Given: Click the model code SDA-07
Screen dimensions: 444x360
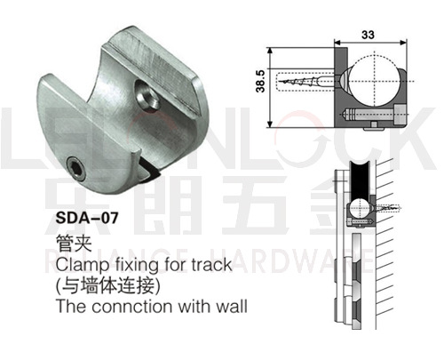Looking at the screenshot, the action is coord(87,218).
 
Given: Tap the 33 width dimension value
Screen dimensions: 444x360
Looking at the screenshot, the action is coord(368,35).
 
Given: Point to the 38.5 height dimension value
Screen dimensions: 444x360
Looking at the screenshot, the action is coord(260,81).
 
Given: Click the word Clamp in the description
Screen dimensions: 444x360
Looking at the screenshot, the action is coord(83,265).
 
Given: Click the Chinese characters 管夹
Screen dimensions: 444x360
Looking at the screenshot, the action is coord(74,243).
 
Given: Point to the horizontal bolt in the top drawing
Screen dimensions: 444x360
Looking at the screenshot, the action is coord(375,115).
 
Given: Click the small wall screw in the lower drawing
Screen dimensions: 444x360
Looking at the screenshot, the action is coord(388,208).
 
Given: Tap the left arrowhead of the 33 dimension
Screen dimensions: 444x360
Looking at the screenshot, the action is coord(337,43).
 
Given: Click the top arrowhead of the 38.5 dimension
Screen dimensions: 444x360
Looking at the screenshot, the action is coord(270,51).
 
